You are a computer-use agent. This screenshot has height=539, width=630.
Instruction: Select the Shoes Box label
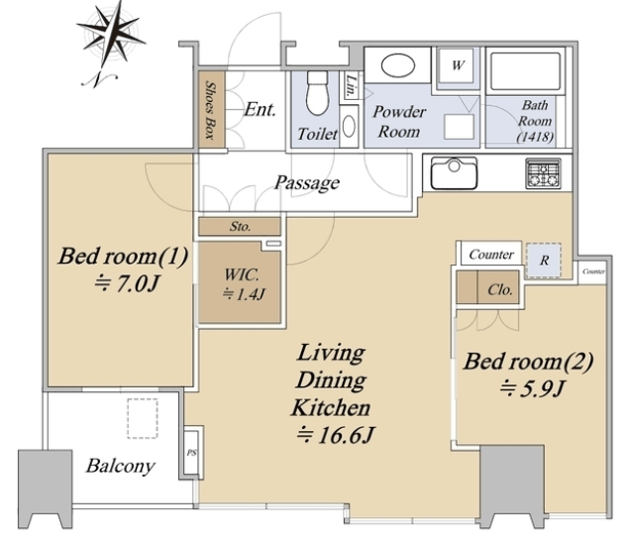pos(210,109)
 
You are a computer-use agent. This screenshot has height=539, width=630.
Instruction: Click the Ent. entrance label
pos(260,109)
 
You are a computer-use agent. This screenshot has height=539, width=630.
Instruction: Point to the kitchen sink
pos(454,172)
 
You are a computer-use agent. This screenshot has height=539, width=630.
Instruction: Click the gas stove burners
pos(544,173)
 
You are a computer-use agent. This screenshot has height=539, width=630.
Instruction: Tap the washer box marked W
pos(458,65)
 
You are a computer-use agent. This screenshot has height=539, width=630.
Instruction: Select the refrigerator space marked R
pos(544,260)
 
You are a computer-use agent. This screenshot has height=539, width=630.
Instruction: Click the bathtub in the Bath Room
pos(525,71)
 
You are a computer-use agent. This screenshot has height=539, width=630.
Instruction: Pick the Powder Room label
pos(399,122)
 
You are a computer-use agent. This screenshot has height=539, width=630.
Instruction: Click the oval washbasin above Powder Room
pos(398,65)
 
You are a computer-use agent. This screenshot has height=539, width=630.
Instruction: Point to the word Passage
pos(307,183)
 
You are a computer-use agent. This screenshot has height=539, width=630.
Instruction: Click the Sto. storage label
pos(241,226)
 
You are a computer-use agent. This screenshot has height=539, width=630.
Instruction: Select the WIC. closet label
pos(242,274)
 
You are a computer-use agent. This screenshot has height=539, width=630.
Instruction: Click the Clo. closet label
pos(500,289)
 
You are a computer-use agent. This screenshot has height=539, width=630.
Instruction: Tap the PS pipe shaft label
pos(191,453)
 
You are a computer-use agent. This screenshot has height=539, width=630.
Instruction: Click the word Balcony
pos(121,467)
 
